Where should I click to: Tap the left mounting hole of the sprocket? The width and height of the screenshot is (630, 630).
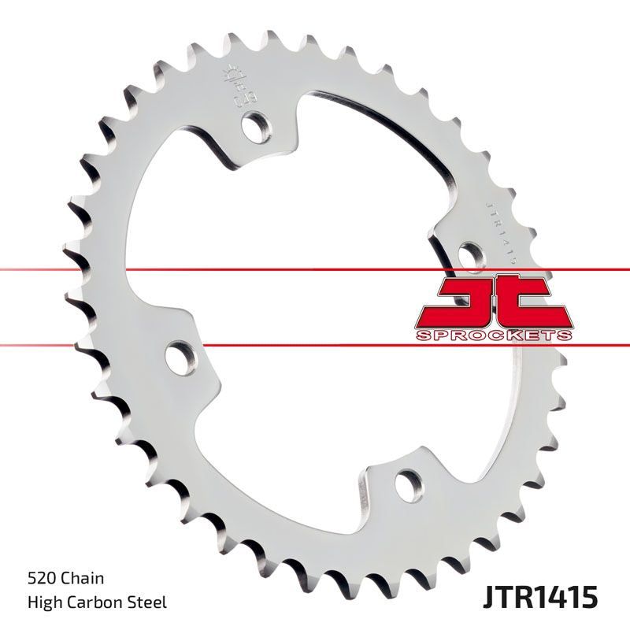(x=180, y=358)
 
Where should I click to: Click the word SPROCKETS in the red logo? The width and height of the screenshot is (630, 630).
(x=492, y=335)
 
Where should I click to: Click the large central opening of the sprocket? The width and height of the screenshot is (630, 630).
(x=315, y=315)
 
